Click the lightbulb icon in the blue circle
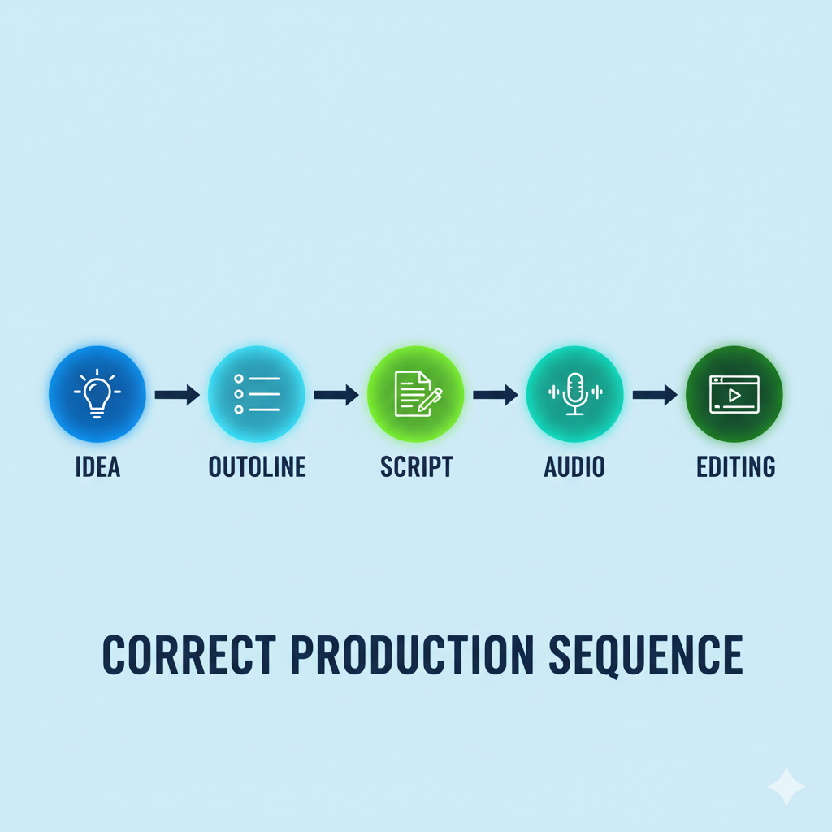[x=97, y=394]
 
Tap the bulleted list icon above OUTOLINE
[x=258, y=394]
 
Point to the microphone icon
[x=575, y=394]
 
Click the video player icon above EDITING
[x=734, y=394]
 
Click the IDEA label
[x=97, y=467]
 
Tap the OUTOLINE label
[x=258, y=467]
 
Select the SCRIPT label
[x=417, y=467]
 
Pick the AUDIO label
[x=574, y=467]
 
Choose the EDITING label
[x=736, y=467]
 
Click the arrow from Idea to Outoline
[x=177, y=395]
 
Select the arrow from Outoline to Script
[x=336, y=395]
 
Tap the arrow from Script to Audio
[x=496, y=395]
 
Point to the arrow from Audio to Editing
[x=655, y=395]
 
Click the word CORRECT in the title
[x=189, y=654]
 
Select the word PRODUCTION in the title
[x=412, y=654]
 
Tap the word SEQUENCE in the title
[x=646, y=656]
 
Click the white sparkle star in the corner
[x=786, y=786]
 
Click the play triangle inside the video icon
[x=734, y=396]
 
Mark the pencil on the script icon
[x=431, y=400]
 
